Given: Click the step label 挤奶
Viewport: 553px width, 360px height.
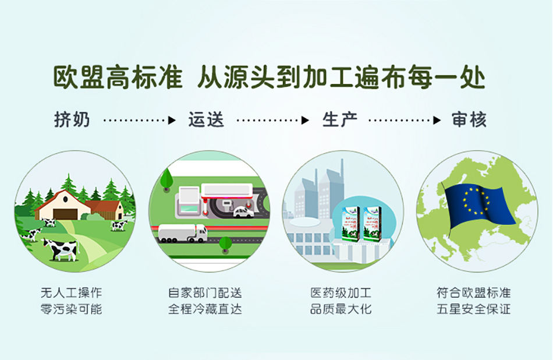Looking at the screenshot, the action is pyautogui.click(x=72, y=119).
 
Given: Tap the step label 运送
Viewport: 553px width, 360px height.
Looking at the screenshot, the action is pyautogui.click(x=206, y=119).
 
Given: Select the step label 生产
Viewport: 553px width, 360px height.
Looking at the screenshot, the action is pyautogui.click(x=340, y=119).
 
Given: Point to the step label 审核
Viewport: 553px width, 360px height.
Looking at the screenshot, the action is pyautogui.click(x=469, y=119).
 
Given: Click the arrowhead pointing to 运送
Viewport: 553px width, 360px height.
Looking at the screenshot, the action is pyautogui.click(x=172, y=121).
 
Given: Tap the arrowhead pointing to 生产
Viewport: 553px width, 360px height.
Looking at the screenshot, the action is pyautogui.click(x=305, y=121).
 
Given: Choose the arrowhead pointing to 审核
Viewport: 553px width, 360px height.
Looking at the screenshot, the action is pyautogui.click(x=437, y=121).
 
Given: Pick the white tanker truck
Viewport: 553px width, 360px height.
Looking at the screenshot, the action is pyautogui.click(x=183, y=233).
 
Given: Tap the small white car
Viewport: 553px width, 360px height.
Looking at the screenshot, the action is pyautogui.click(x=243, y=212).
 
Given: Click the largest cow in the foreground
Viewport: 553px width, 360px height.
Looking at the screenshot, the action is pyautogui.click(x=60, y=249).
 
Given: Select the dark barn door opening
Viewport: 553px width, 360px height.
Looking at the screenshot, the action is pyautogui.click(x=65, y=214).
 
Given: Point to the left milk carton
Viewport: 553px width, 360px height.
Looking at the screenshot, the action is pyautogui.click(x=351, y=224).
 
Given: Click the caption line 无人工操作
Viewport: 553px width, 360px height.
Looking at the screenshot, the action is pyautogui.click(x=71, y=292).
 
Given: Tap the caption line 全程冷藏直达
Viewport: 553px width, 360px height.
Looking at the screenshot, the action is pyautogui.click(x=205, y=309).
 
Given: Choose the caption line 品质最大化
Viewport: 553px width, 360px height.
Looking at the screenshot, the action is pyautogui.click(x=341, y=309).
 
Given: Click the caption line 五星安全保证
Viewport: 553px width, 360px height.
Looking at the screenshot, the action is pyautogui.click(x=474, y=309).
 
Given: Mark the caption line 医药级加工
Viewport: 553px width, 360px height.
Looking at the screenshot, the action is pyautogui.click(x=341, y=292).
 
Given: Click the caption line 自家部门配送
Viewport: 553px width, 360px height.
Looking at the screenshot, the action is pyautogui.click(x=205, y=292).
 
